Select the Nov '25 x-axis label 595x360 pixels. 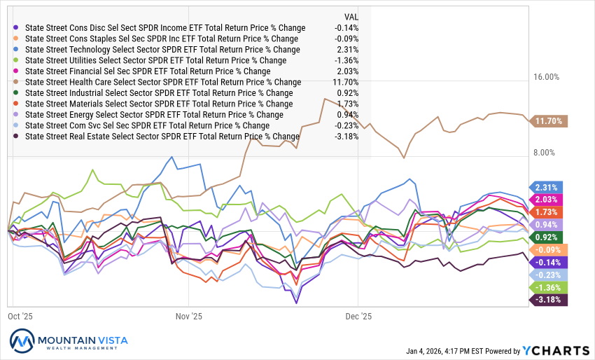(189, 317)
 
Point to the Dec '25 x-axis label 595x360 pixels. (358, 317)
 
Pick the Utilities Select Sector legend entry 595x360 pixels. (155, 60)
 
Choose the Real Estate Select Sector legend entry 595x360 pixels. (162, 136)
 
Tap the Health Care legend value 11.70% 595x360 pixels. (346, 82)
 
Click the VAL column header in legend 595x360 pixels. (351, 16)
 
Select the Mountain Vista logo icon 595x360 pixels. (23, 341)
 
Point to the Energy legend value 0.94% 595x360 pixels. (348, 114)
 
